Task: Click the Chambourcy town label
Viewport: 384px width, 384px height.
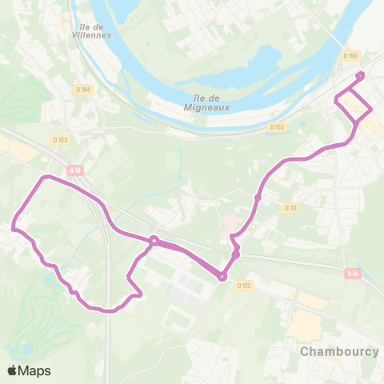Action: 338,351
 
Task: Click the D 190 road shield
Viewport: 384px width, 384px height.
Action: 349,56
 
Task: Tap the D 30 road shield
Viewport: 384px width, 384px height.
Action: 290,207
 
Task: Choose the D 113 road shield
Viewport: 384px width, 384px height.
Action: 244,285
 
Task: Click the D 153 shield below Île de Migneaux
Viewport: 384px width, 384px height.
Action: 277,127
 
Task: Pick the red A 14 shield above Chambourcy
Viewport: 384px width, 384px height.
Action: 353,274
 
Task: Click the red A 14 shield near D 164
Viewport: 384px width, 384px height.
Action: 75,170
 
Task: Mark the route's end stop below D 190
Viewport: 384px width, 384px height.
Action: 359,76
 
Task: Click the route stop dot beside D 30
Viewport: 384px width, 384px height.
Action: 258,198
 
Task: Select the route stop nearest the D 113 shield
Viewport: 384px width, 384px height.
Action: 222,277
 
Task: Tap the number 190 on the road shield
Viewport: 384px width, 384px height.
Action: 352,56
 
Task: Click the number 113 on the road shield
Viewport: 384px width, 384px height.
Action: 247,285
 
